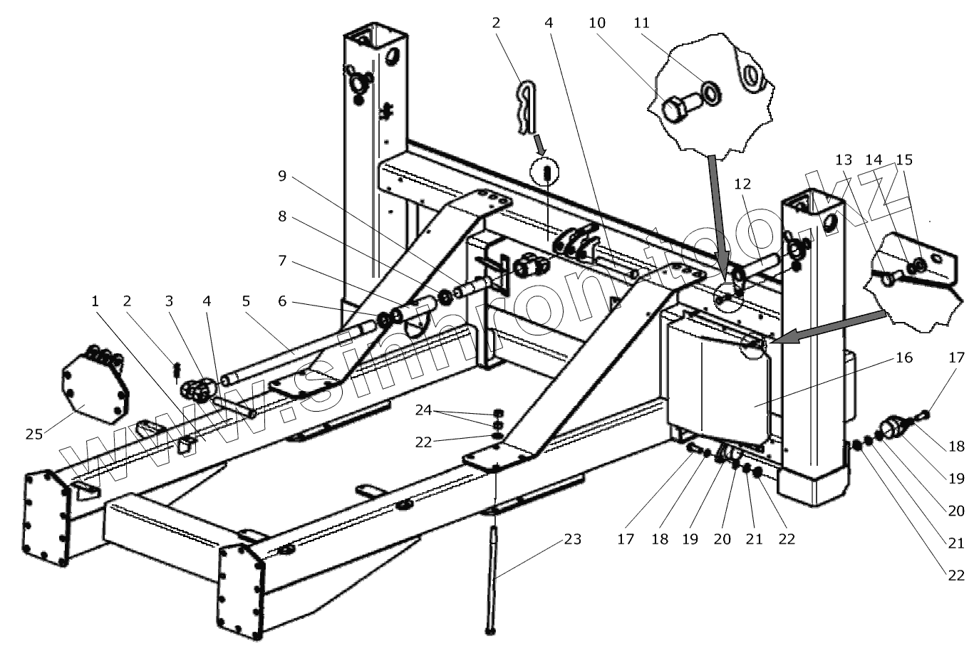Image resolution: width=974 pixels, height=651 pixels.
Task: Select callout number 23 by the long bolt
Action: [x=571, y=539]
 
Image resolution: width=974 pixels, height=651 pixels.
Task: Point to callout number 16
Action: [x=903, y=358]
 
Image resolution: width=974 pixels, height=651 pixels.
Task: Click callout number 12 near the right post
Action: [x=742, y=184]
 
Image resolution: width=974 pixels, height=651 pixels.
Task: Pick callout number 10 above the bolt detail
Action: [x=597, y=23]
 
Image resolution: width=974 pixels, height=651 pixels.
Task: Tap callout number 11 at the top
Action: [x=642, y=23]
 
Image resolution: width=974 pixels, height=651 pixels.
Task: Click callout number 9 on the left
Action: [x=282, y=175]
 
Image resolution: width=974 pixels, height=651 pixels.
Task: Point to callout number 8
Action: [x=282, y=217]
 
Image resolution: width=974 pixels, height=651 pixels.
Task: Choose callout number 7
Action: [x=282, y=261]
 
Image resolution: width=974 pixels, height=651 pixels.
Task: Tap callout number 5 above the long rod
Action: [x=247, y=302]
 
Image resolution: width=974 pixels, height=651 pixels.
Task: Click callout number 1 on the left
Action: [x=94, y=302]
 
